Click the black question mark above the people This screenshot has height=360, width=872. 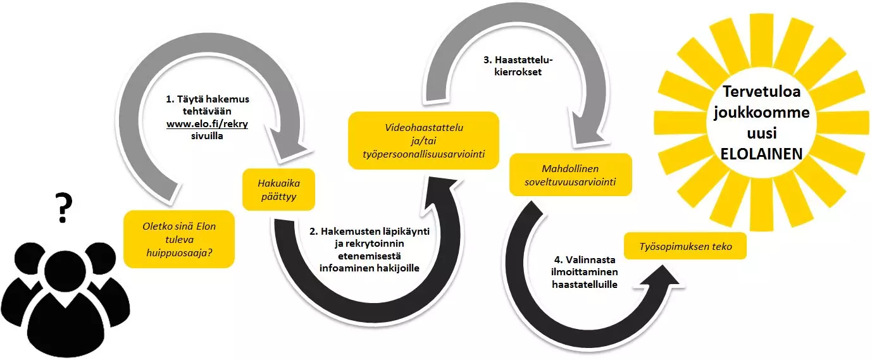[x=63, y=208]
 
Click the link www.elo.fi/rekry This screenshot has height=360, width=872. [x=207, y=124]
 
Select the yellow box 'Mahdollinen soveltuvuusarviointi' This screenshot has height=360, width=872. [x=570, y=175]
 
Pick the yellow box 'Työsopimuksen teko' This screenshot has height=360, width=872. [x=685, y=246]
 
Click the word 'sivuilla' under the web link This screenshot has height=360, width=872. [x=208, y=135]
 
